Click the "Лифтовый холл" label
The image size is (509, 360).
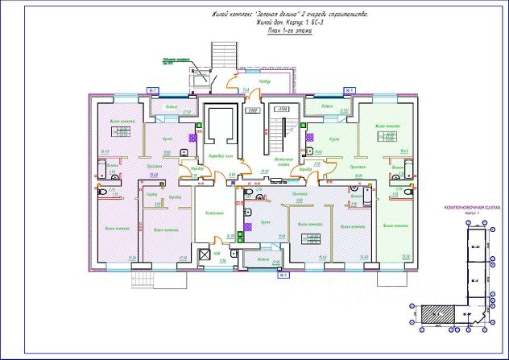tap(221, 155)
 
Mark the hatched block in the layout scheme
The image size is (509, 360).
tap(435, 315)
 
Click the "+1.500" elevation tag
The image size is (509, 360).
tap(281, 109)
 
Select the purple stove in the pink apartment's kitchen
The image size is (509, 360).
tap(194, 138)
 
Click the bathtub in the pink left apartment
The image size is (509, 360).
tap(102, 168)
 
